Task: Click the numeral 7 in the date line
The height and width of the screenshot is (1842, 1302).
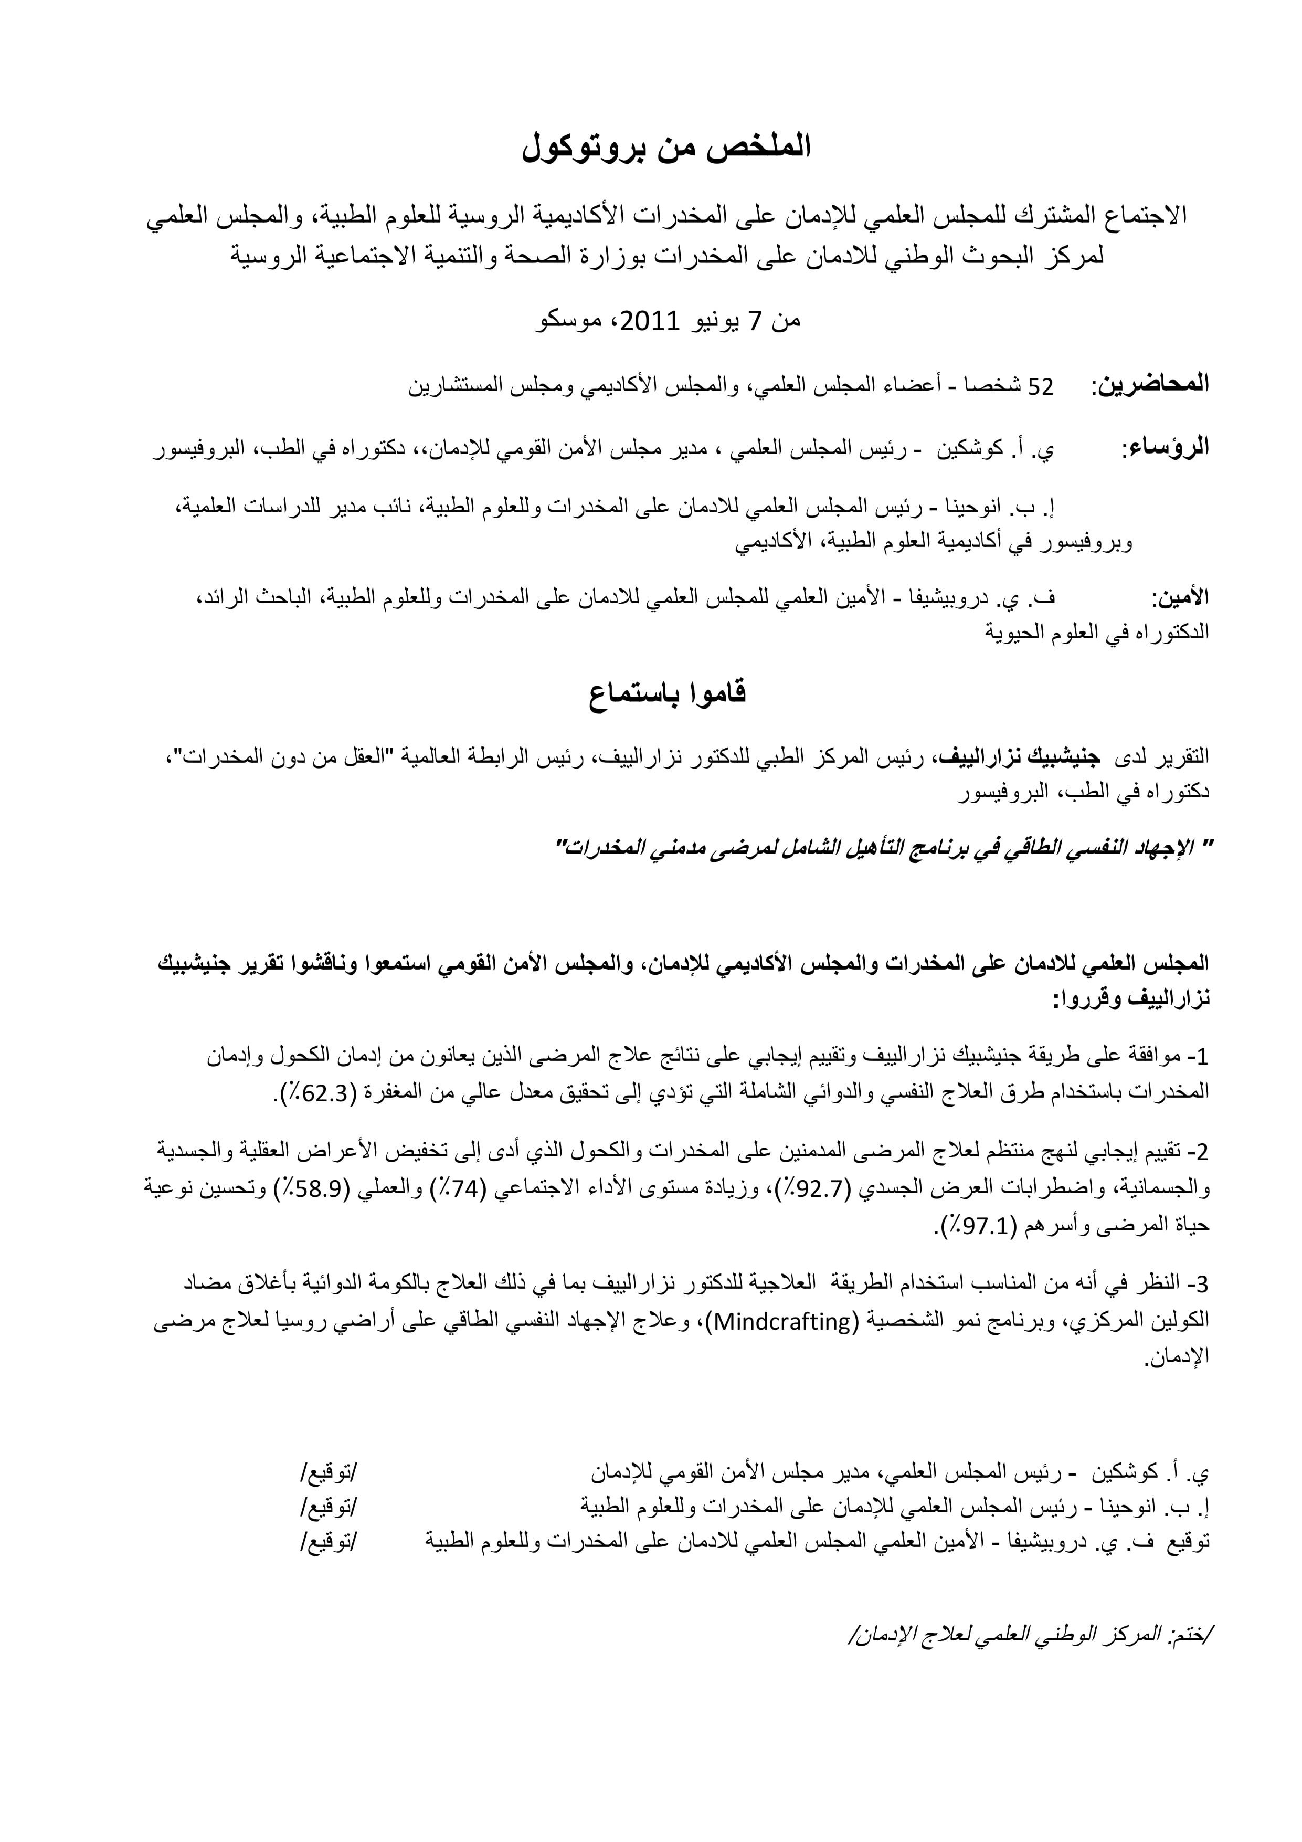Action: coord(754,321)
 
